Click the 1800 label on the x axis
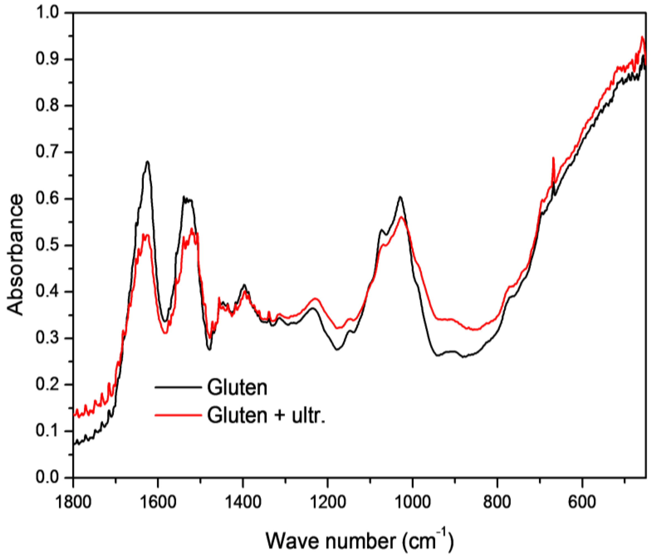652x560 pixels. pyautogui.click(x=73, y=502)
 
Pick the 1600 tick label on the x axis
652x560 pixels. pyautogui.click(x=158, y=502)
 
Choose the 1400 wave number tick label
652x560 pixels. pyautogui.click(x=243, y=502)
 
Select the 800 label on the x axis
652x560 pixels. pyautogui.click(x=497, y=502)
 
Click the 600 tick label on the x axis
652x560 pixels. pyautogui.click(x=582, y=502)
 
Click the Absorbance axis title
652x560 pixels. pyautogui.click(x=15, y=255)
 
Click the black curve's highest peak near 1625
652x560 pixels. pyautogui.click(x=147, y=161)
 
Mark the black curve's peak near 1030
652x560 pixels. pyautogui.click(x=400, y=197)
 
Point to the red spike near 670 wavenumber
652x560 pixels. pyautogui.click(x=553, y=158)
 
